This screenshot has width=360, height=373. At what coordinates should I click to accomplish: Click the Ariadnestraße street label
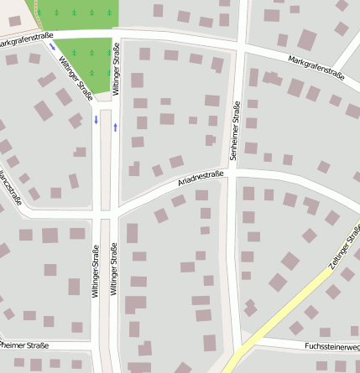201,179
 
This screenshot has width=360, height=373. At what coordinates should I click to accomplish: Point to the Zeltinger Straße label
343,251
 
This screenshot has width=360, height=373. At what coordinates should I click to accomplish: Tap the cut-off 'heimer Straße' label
25,345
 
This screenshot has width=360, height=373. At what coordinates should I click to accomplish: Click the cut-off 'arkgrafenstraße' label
26,39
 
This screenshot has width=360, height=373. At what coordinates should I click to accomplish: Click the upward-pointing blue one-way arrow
115,127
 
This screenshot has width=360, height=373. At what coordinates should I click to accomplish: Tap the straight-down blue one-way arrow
97,121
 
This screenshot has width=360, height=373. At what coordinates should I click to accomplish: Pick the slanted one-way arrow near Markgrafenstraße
54,47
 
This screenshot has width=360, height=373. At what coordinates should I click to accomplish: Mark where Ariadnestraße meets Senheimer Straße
234,171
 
